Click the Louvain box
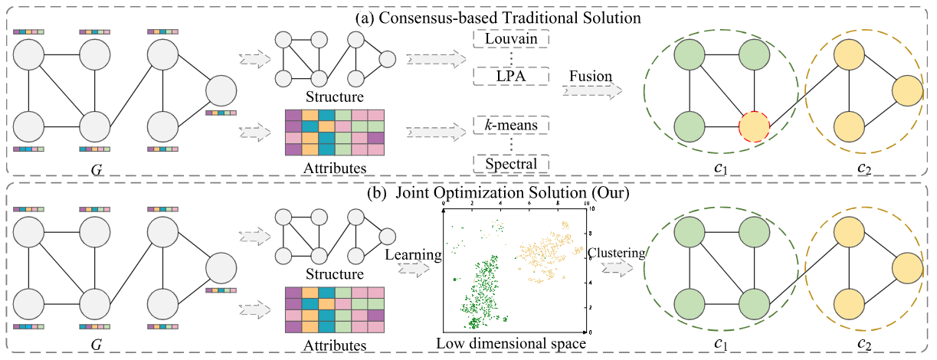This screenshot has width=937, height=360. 512,38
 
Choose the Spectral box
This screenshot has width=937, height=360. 512,163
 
